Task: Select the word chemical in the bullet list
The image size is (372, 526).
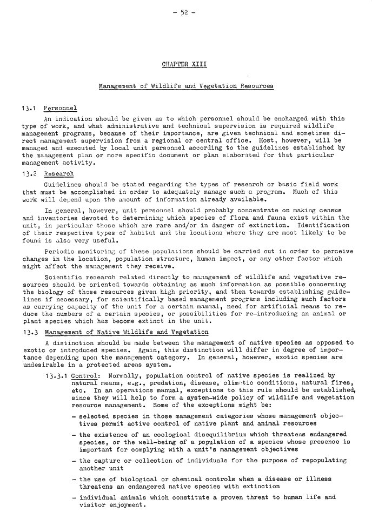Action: click(x=180, y=479)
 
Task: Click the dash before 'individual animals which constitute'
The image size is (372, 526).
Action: click(x=73, y=497)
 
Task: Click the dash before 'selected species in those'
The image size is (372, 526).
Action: click(x=73, y=416)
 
